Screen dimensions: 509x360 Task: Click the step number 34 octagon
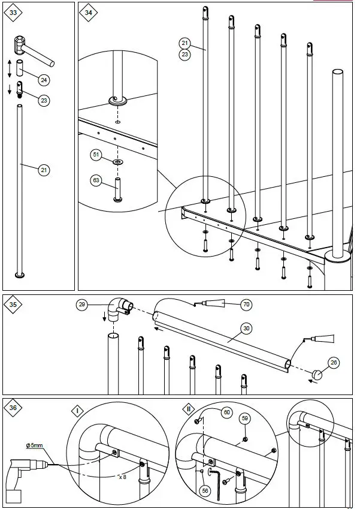tap(89, 13)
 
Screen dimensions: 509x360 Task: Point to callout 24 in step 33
tap(43, 80)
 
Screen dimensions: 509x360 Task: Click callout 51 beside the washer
tap(95, 155)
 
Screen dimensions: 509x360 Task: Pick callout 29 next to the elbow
tap(82, 305)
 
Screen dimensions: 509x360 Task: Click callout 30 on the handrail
tap(246, 328)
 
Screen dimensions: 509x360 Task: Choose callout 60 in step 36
tap(226, 412)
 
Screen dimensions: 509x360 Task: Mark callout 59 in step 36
tap(244, 418)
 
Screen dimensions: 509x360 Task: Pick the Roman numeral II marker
tap(189, 409)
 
